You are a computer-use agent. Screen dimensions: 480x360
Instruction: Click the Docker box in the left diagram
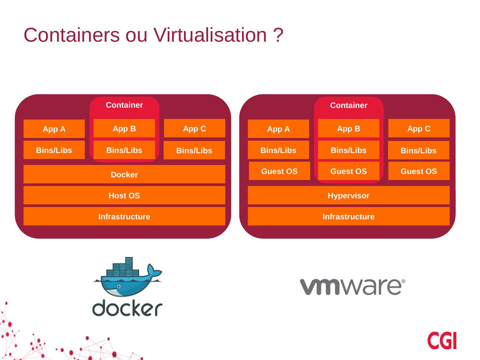[124, 174]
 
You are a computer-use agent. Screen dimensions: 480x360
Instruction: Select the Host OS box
[124, 195]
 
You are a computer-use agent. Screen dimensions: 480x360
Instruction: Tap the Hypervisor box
[348, 195]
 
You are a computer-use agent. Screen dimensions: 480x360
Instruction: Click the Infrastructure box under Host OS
[124, 216]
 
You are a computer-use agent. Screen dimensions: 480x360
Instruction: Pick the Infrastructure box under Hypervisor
[348, 216]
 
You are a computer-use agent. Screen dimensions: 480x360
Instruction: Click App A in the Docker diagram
[54, 129]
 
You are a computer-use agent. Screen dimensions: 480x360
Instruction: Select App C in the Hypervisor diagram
[419, 128]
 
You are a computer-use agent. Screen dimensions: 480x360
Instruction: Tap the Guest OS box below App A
[279, 171]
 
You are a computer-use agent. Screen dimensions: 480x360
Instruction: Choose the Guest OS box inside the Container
[348, 171]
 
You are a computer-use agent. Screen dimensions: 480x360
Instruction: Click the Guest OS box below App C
[419, 171]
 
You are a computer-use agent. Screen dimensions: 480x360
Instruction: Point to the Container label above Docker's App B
[124, 105]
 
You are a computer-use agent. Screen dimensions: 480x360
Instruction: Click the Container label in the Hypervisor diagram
[349, 105]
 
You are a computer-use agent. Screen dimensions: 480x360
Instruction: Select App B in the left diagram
[124, 128]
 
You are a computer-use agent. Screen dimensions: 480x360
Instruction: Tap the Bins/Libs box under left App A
[54, 150]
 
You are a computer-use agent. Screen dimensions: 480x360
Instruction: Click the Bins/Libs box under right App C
[418, 150]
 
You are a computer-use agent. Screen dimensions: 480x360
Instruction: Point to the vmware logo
[353, 287]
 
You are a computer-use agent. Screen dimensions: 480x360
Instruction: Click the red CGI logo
[442, 340]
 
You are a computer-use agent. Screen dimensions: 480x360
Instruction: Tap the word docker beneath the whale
[127, 309]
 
